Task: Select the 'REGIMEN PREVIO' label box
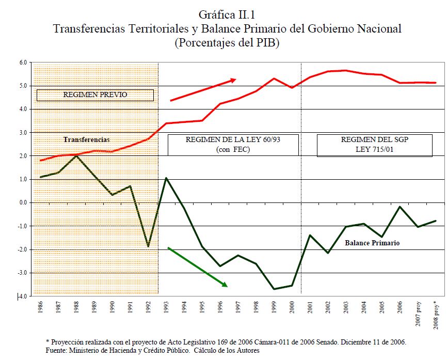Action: tap(95, 95)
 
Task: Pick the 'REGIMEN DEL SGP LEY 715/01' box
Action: tap(374, 145)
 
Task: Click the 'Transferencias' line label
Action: tap(87, 139)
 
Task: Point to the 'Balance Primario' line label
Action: tap(372, 242)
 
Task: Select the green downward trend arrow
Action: tap(197, 267)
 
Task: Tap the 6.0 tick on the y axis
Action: tap(23, 62)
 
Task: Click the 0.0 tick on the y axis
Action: tap(23, 202)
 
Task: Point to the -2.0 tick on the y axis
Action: tap(22, 249)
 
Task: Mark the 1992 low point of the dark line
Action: tap(148, 246)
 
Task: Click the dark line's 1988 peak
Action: tap(76, 155)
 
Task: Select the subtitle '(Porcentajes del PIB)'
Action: tap(227, 43)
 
